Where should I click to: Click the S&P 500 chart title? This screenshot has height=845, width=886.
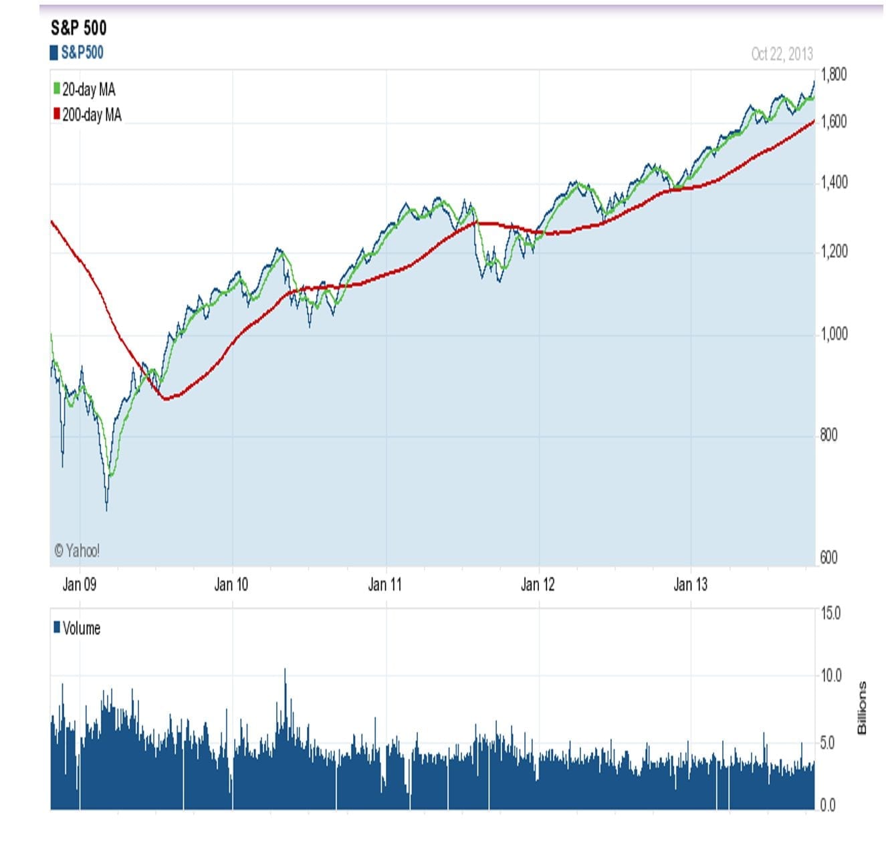[78, 28]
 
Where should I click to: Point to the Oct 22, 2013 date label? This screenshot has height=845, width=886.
[782, 54]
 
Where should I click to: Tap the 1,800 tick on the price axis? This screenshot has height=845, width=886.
[834, 74]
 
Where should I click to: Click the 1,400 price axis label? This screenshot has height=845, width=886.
[834, 183]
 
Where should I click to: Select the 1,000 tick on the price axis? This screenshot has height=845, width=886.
[834, 334]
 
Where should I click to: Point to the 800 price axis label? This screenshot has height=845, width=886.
[829, 435]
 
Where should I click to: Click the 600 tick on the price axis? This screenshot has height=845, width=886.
[829, 558]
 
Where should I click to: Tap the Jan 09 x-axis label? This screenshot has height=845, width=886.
[80, 585]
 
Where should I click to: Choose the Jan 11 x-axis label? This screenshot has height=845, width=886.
[385, 585]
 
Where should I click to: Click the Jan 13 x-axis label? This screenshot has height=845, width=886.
[690, 585]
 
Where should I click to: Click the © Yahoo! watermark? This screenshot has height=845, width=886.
[77, 551]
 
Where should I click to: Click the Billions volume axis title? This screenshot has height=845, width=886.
[862, 708]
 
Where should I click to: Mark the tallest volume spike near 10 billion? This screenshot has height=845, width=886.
[285, 671]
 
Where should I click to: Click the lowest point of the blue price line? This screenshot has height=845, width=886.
[107, 509]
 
